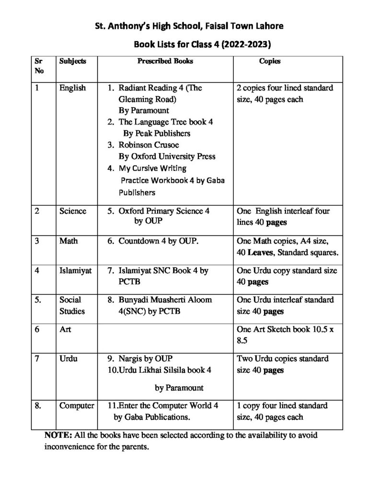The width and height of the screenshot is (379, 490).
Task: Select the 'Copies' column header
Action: point(270,62)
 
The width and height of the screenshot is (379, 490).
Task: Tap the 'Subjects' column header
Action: point(73,62)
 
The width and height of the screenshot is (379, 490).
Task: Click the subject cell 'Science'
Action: point(73,211)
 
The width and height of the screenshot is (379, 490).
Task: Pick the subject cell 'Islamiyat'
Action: point(75,270)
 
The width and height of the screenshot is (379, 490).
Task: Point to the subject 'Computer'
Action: point(77,405)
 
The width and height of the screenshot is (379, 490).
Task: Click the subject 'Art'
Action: point(65,330)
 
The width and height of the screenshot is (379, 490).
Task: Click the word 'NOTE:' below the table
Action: point(58,436)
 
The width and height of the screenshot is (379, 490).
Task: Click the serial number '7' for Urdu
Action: point(37,358)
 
